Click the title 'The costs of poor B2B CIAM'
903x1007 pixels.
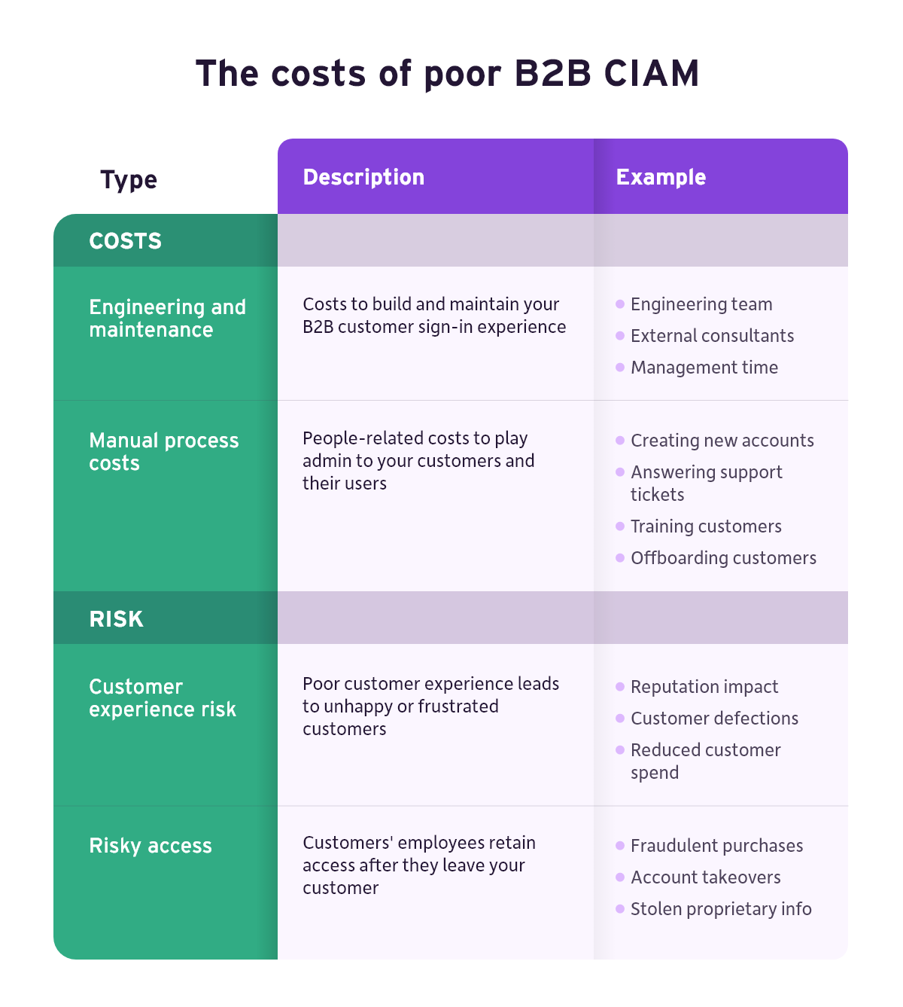[448, 74]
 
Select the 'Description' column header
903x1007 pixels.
[363, 177]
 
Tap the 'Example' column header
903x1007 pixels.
[661, 177]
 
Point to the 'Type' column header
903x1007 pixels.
[129, 180]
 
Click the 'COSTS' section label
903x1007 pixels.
[125, 241]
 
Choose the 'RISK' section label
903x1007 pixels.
[116, 619]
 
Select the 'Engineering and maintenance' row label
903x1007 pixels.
[167, 318]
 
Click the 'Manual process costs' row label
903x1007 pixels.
[164, 452]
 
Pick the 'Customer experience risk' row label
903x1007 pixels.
[163, 698]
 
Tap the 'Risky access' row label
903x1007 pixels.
[150, 846]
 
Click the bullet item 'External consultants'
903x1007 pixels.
[712, 336]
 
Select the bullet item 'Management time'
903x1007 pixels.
[704, 368]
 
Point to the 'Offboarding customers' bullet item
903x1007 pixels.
[723, 557]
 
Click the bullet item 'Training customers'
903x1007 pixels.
[706, 526]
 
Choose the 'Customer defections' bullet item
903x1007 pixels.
[714, 719]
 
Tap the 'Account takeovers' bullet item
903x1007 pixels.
[705, 877]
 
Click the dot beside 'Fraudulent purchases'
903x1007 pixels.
[620, 846]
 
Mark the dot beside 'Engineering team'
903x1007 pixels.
[620, 304]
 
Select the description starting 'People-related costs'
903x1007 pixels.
[418, 461]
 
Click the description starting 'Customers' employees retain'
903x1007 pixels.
[419, 865]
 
